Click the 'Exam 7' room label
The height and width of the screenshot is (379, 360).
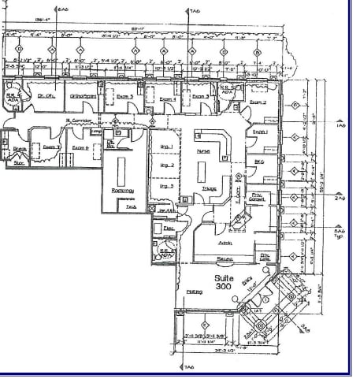[x=51, y=147]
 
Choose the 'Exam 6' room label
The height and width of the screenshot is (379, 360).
[x=80, y=147]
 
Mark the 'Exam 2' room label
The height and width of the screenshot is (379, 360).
[x=258, y=102]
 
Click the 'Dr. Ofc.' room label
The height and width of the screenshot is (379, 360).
[x=46, y=96]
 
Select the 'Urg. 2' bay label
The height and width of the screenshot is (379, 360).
[x=166, y=166]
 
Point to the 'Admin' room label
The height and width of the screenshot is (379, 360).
[x=225, y=243]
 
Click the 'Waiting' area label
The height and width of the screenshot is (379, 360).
[x=194, y=292]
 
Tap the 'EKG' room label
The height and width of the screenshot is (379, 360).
[x=257, y=161]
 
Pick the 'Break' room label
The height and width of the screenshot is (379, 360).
[x=20, y=147]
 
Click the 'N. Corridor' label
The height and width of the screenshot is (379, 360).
[x=80, y=120]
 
